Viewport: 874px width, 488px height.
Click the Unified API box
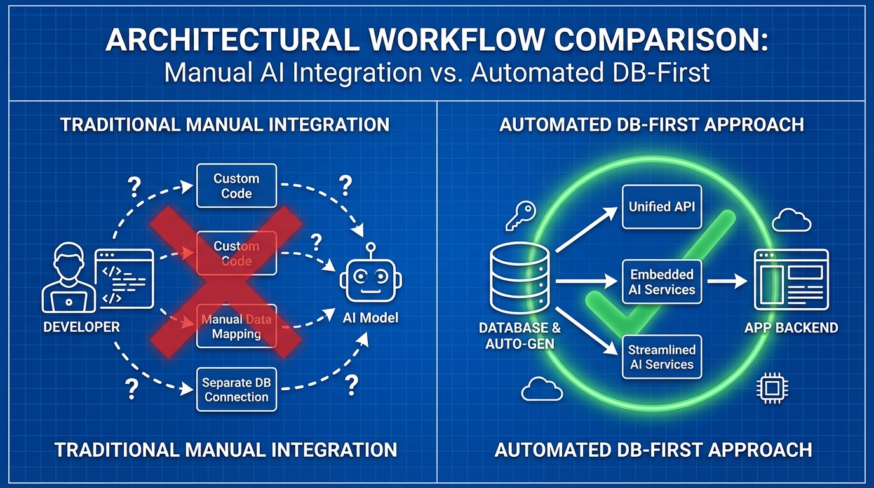[x=662, y=207]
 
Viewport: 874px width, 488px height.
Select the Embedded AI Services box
[x=662, y=282]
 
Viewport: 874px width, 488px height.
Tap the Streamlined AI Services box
[x=662, y=357]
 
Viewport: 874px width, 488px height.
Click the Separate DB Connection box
[x=236, y=390]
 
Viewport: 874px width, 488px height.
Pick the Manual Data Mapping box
[x=236, y=326]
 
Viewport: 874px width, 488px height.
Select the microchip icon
[x=770, y=390]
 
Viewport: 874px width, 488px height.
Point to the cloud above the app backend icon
[x=791, y=221]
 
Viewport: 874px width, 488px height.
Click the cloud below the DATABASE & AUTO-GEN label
[x=541, y=389]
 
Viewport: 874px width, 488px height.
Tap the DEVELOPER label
[x=81, y=327]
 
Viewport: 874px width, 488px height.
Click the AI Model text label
[x=370, y=317]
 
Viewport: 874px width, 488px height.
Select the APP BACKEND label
[x=791, y=328]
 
